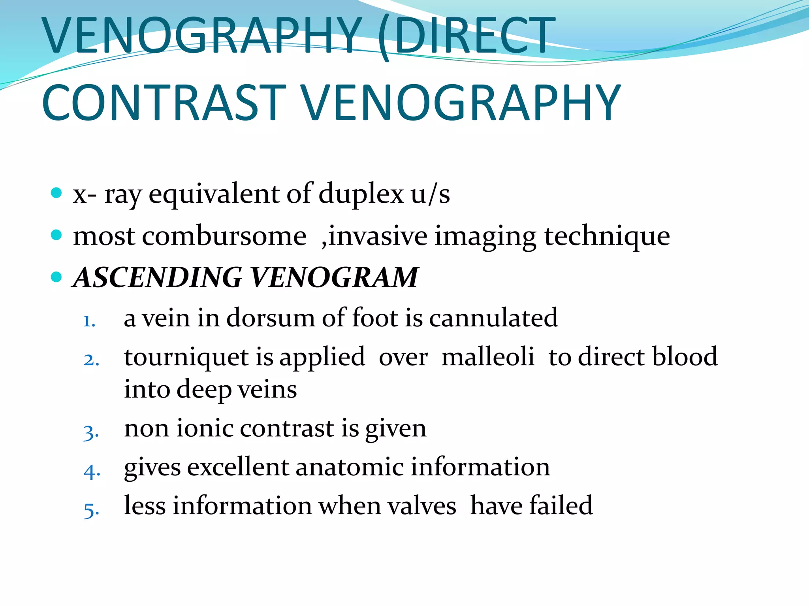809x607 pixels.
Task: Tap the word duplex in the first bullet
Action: (361, 194)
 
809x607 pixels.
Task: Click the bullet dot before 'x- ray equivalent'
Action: (57, 193)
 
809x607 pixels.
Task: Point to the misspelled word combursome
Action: (224, 236)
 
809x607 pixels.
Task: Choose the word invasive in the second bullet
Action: (378, 236)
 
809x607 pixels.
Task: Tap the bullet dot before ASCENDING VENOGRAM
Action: (57, 277)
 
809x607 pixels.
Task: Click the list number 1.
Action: (89, 321)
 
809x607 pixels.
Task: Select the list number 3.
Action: (91, 432)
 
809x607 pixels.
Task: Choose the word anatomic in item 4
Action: (349, 467)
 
